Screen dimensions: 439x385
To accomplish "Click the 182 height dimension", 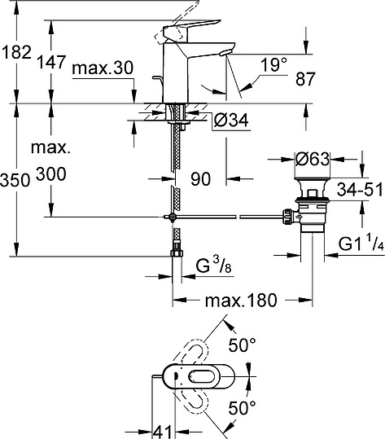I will coord(16,51).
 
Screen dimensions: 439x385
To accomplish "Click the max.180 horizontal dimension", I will coord(240,302).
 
